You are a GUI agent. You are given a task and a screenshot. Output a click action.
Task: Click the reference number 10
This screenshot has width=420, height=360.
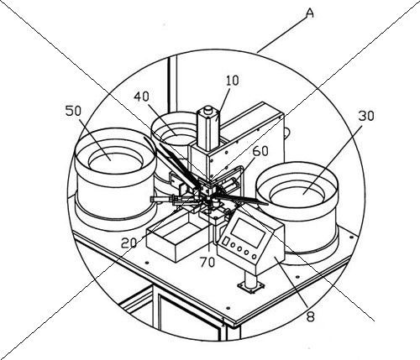click(x=233, y=81)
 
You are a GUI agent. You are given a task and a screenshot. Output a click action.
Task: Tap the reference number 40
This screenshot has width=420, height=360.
click(x=141, y=97)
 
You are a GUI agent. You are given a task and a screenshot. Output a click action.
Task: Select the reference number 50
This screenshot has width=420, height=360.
click(x=73, y=111)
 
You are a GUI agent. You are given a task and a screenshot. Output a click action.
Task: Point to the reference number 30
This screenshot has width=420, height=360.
click(x=366, y=116)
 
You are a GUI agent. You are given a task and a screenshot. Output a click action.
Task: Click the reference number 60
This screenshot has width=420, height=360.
click(x=260, y=151)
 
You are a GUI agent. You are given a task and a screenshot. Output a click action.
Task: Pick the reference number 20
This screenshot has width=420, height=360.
click(x=129, y=243)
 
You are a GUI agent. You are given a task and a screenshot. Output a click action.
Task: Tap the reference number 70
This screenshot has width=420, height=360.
click(x=207, y=262)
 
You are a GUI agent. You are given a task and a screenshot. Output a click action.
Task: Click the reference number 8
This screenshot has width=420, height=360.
click(x=310, y=316)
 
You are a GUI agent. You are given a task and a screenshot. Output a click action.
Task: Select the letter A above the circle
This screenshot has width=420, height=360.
click(x=309, y=13)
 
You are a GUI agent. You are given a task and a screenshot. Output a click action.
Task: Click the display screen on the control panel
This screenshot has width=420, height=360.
click(x=247, y=232)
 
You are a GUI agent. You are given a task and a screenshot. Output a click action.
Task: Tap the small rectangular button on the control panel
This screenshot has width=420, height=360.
click(x=226, y=241)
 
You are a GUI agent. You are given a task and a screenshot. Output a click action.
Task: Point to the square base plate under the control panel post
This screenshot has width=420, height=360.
click(x=251, y=286)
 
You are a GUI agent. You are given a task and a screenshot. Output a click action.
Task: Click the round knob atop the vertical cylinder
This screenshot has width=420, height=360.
click(x=208, y=110)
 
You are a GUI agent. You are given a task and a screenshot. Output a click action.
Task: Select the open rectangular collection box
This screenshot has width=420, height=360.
click(x=175, y=237)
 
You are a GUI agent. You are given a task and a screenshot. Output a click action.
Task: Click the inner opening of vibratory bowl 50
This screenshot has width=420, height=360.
click(x=116, y=163)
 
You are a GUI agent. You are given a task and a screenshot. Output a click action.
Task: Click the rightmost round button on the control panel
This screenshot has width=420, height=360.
click(x=254, y=256)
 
